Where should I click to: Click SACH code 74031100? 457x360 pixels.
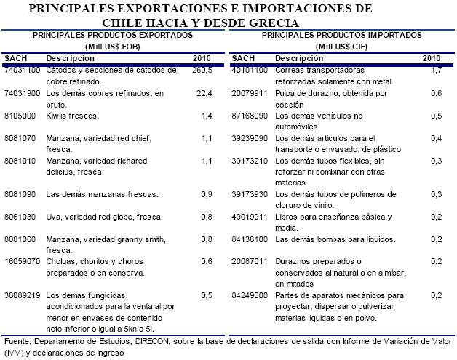(x=22, y=71)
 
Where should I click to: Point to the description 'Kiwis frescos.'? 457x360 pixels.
(x=71, y=116)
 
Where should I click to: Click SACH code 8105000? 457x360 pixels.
(x=20, y=116)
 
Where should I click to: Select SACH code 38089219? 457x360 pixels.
(x=22, y=295)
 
